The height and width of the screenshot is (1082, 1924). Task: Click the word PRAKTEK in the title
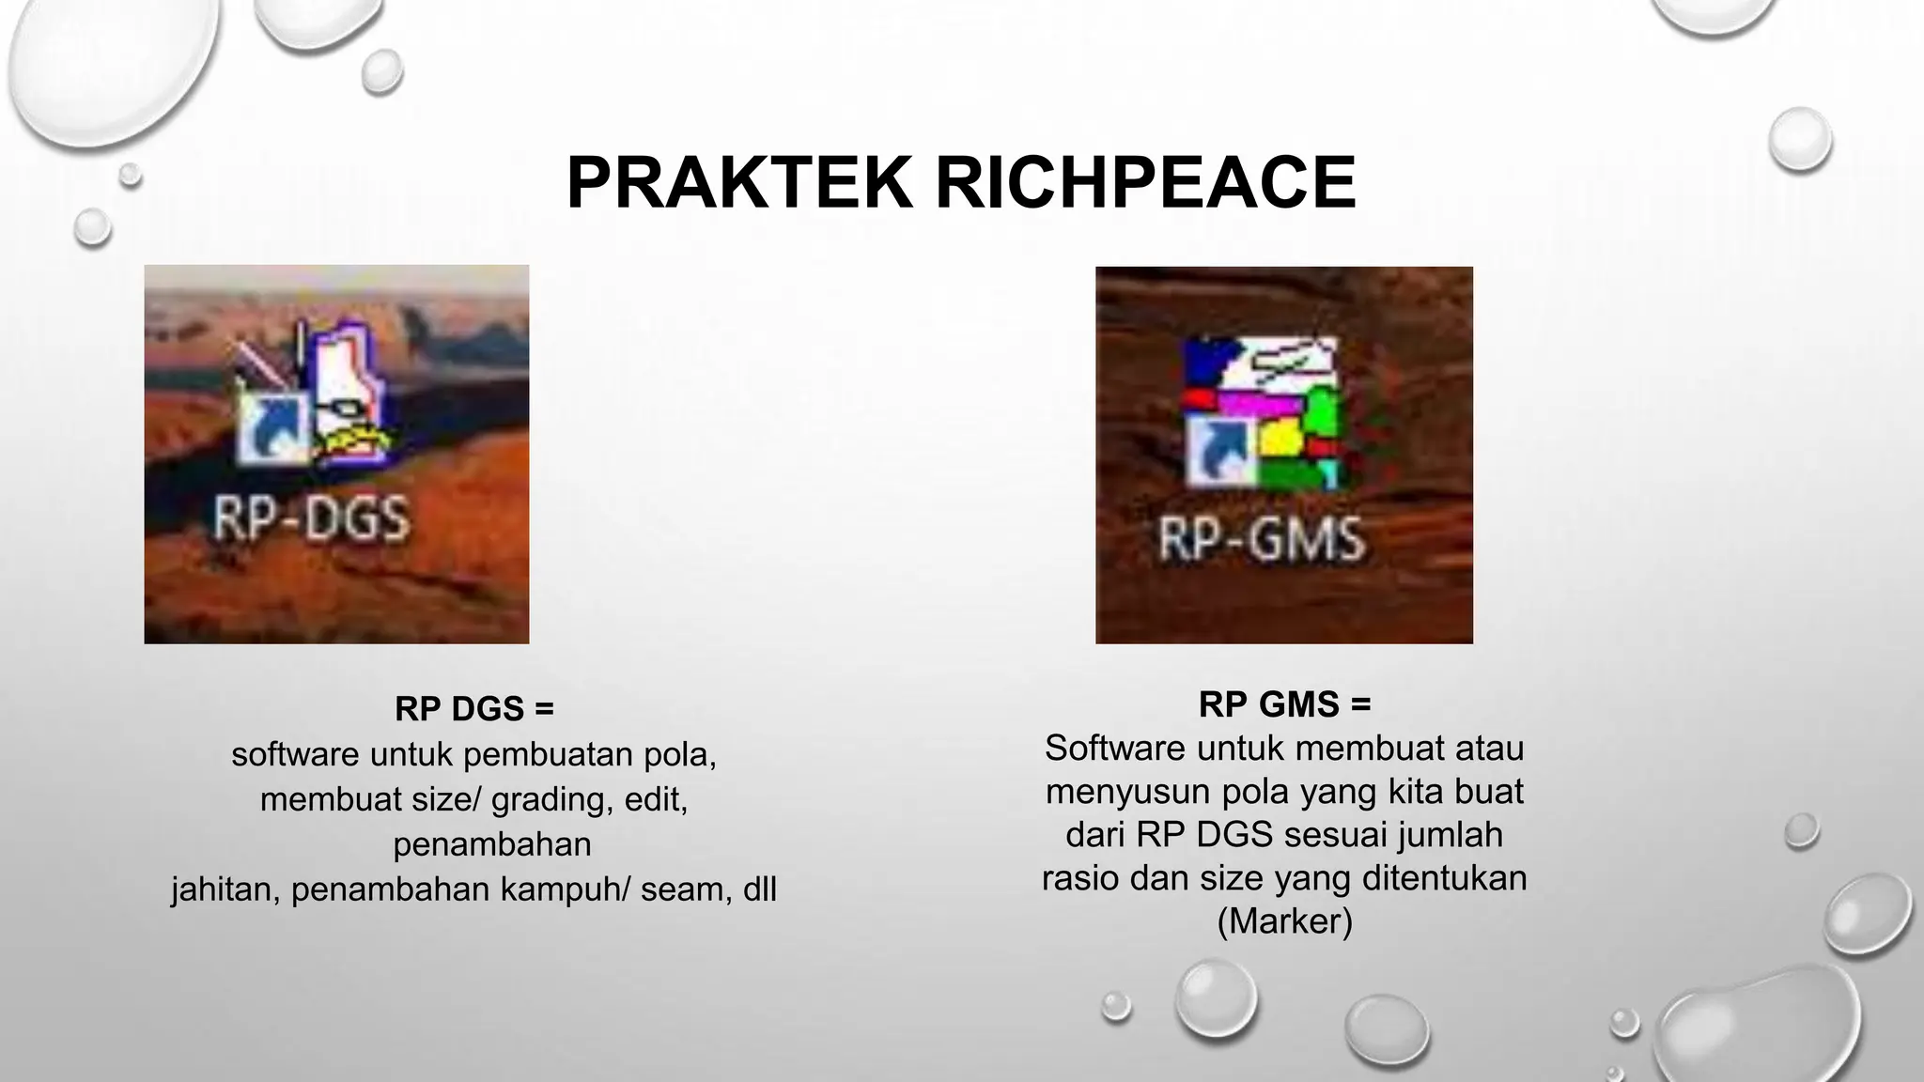click(x=739, y=182)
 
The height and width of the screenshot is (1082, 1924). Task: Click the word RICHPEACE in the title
click(x=1145, y=182)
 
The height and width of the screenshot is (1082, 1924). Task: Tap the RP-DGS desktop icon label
click(x=311, y=519)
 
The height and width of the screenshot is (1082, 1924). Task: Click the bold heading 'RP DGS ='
click(x=474, y=709)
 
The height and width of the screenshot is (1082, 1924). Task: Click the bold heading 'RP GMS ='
click(x=1284, y=703)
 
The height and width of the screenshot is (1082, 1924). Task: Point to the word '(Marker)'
click(x=1284, y=920)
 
